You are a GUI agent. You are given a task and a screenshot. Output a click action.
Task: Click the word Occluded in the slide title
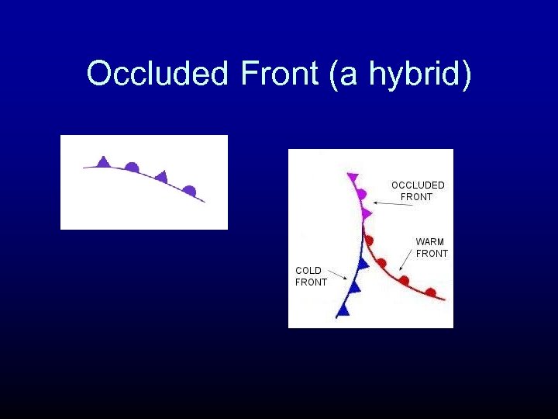pyautogui.click(x=157, y=74)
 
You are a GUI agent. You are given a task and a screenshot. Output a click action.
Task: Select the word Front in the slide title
pyautogui.click(x=279, y=74)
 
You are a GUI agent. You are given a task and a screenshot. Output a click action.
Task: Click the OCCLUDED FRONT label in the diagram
pyautogui.click(x=418, y=191)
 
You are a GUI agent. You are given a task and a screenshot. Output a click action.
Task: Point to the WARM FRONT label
pyautogui.click(x=432, y=248)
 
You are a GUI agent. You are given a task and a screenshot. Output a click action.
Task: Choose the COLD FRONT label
pyautogui.click(x=311, y=276)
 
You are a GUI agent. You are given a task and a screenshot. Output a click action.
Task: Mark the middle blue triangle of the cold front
pyautogui.click(x=355, y=287)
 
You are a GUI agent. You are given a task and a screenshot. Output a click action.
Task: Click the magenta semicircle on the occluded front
pyautogui.click(x=362, y=194)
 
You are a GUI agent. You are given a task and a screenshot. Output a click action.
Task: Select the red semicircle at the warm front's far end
pyautogui.click(x=430, y=293)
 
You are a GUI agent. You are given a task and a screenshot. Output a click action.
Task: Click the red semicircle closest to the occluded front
pyautogui.click(x=370, y=241)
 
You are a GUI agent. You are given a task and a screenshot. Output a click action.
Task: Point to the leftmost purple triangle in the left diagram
pyautogui.click(x=103, y=161)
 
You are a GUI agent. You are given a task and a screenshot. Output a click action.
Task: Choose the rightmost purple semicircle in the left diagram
pyautogui.click(x=189, y=190)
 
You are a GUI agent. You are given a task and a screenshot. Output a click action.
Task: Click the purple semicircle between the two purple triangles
pyautogui.click(x=133, y=166)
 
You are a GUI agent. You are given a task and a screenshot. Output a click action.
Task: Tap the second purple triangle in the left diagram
pyautogui.click(x=161, y=177)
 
